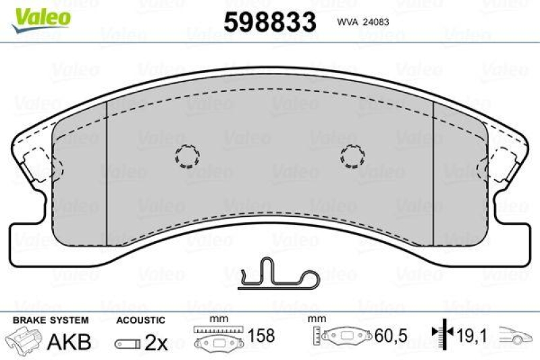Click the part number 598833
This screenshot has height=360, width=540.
tap(270, 22)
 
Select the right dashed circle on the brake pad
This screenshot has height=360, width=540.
tap(352, 156)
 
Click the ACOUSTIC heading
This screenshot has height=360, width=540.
tap(140, 319)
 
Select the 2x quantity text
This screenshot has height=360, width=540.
tap(156, 342)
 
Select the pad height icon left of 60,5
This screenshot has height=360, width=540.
tap(344, 336)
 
